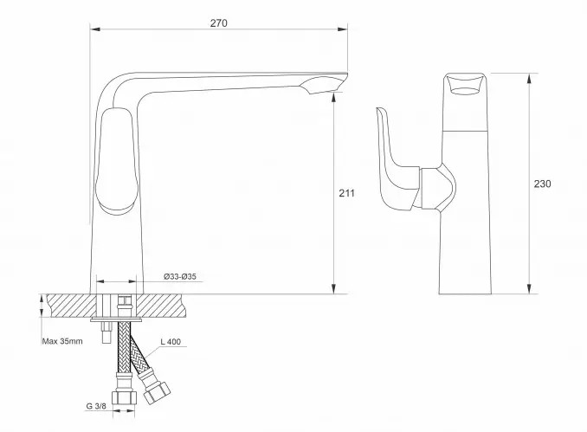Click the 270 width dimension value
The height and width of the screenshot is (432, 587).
218,23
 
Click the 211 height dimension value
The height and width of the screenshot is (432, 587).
346,193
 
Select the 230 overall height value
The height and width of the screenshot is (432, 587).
542,184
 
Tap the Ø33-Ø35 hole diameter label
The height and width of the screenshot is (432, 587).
180,277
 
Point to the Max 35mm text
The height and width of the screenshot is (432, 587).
62,341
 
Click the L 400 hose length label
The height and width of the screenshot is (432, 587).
171,341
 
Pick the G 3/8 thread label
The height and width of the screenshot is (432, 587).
96,406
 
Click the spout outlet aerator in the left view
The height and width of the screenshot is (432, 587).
323,85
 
